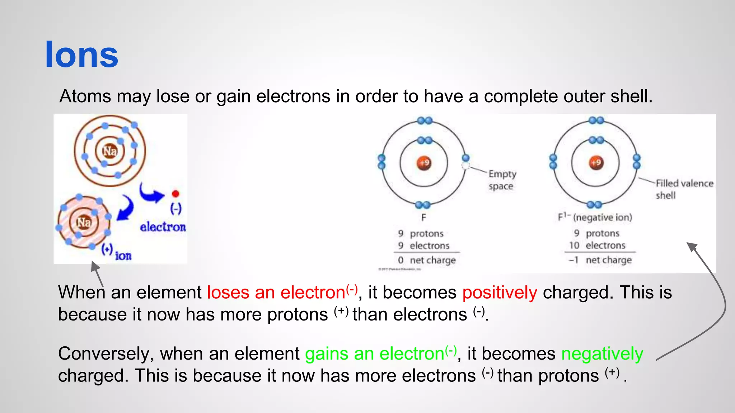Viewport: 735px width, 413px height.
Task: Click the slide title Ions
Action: point(81,54)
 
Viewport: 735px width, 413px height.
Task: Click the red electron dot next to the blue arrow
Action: point(175,194)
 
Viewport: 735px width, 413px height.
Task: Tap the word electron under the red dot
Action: point(163,227)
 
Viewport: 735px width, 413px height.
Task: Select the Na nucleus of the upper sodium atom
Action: point(109,151)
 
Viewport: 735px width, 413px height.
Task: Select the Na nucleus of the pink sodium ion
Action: point(84,223)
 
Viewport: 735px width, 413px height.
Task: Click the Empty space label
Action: point(502,180)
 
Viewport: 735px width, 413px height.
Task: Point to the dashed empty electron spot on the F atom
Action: point(465,166)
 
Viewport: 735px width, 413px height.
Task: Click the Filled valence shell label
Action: point(684,189)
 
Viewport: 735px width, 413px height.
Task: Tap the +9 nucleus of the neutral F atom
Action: point(424,163)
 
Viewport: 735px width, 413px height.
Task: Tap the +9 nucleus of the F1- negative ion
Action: point(596,163)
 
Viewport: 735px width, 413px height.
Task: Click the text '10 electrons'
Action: point(597,246)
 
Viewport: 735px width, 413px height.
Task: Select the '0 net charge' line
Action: point(427,260)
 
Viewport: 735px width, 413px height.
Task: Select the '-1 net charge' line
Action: point(600,260)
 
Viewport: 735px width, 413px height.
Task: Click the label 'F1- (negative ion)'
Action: point(595,217)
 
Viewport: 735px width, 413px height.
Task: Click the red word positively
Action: point(500,293)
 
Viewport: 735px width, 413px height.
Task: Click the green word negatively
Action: point(602,354)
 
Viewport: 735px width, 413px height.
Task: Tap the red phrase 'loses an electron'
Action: point(276,293)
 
